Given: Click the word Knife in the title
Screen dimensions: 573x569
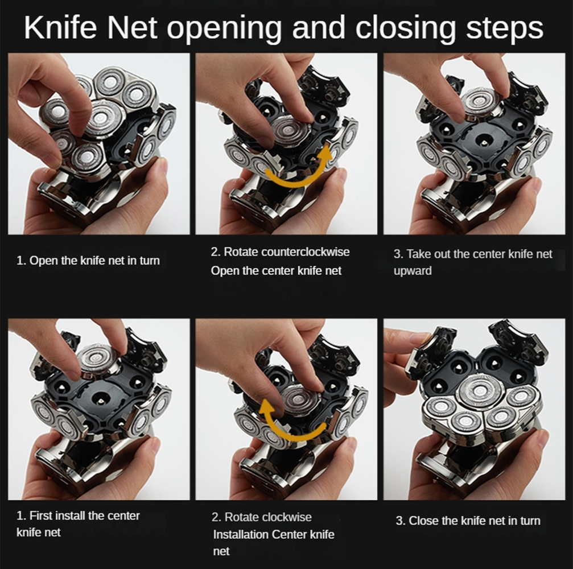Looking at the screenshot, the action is (x=60, y=27).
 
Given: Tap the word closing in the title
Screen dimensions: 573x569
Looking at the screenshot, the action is (x=405, y=28).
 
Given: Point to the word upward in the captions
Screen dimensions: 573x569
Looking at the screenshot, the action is (x=413, y=271).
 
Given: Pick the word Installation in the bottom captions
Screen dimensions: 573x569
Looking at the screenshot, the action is (x=241, y=534).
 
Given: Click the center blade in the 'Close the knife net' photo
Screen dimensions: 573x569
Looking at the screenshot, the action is (x=480, y=391).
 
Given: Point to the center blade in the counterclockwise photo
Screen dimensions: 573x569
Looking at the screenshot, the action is (x=288, y=130).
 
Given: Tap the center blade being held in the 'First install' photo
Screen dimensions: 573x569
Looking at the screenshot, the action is (x=97, y=359).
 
